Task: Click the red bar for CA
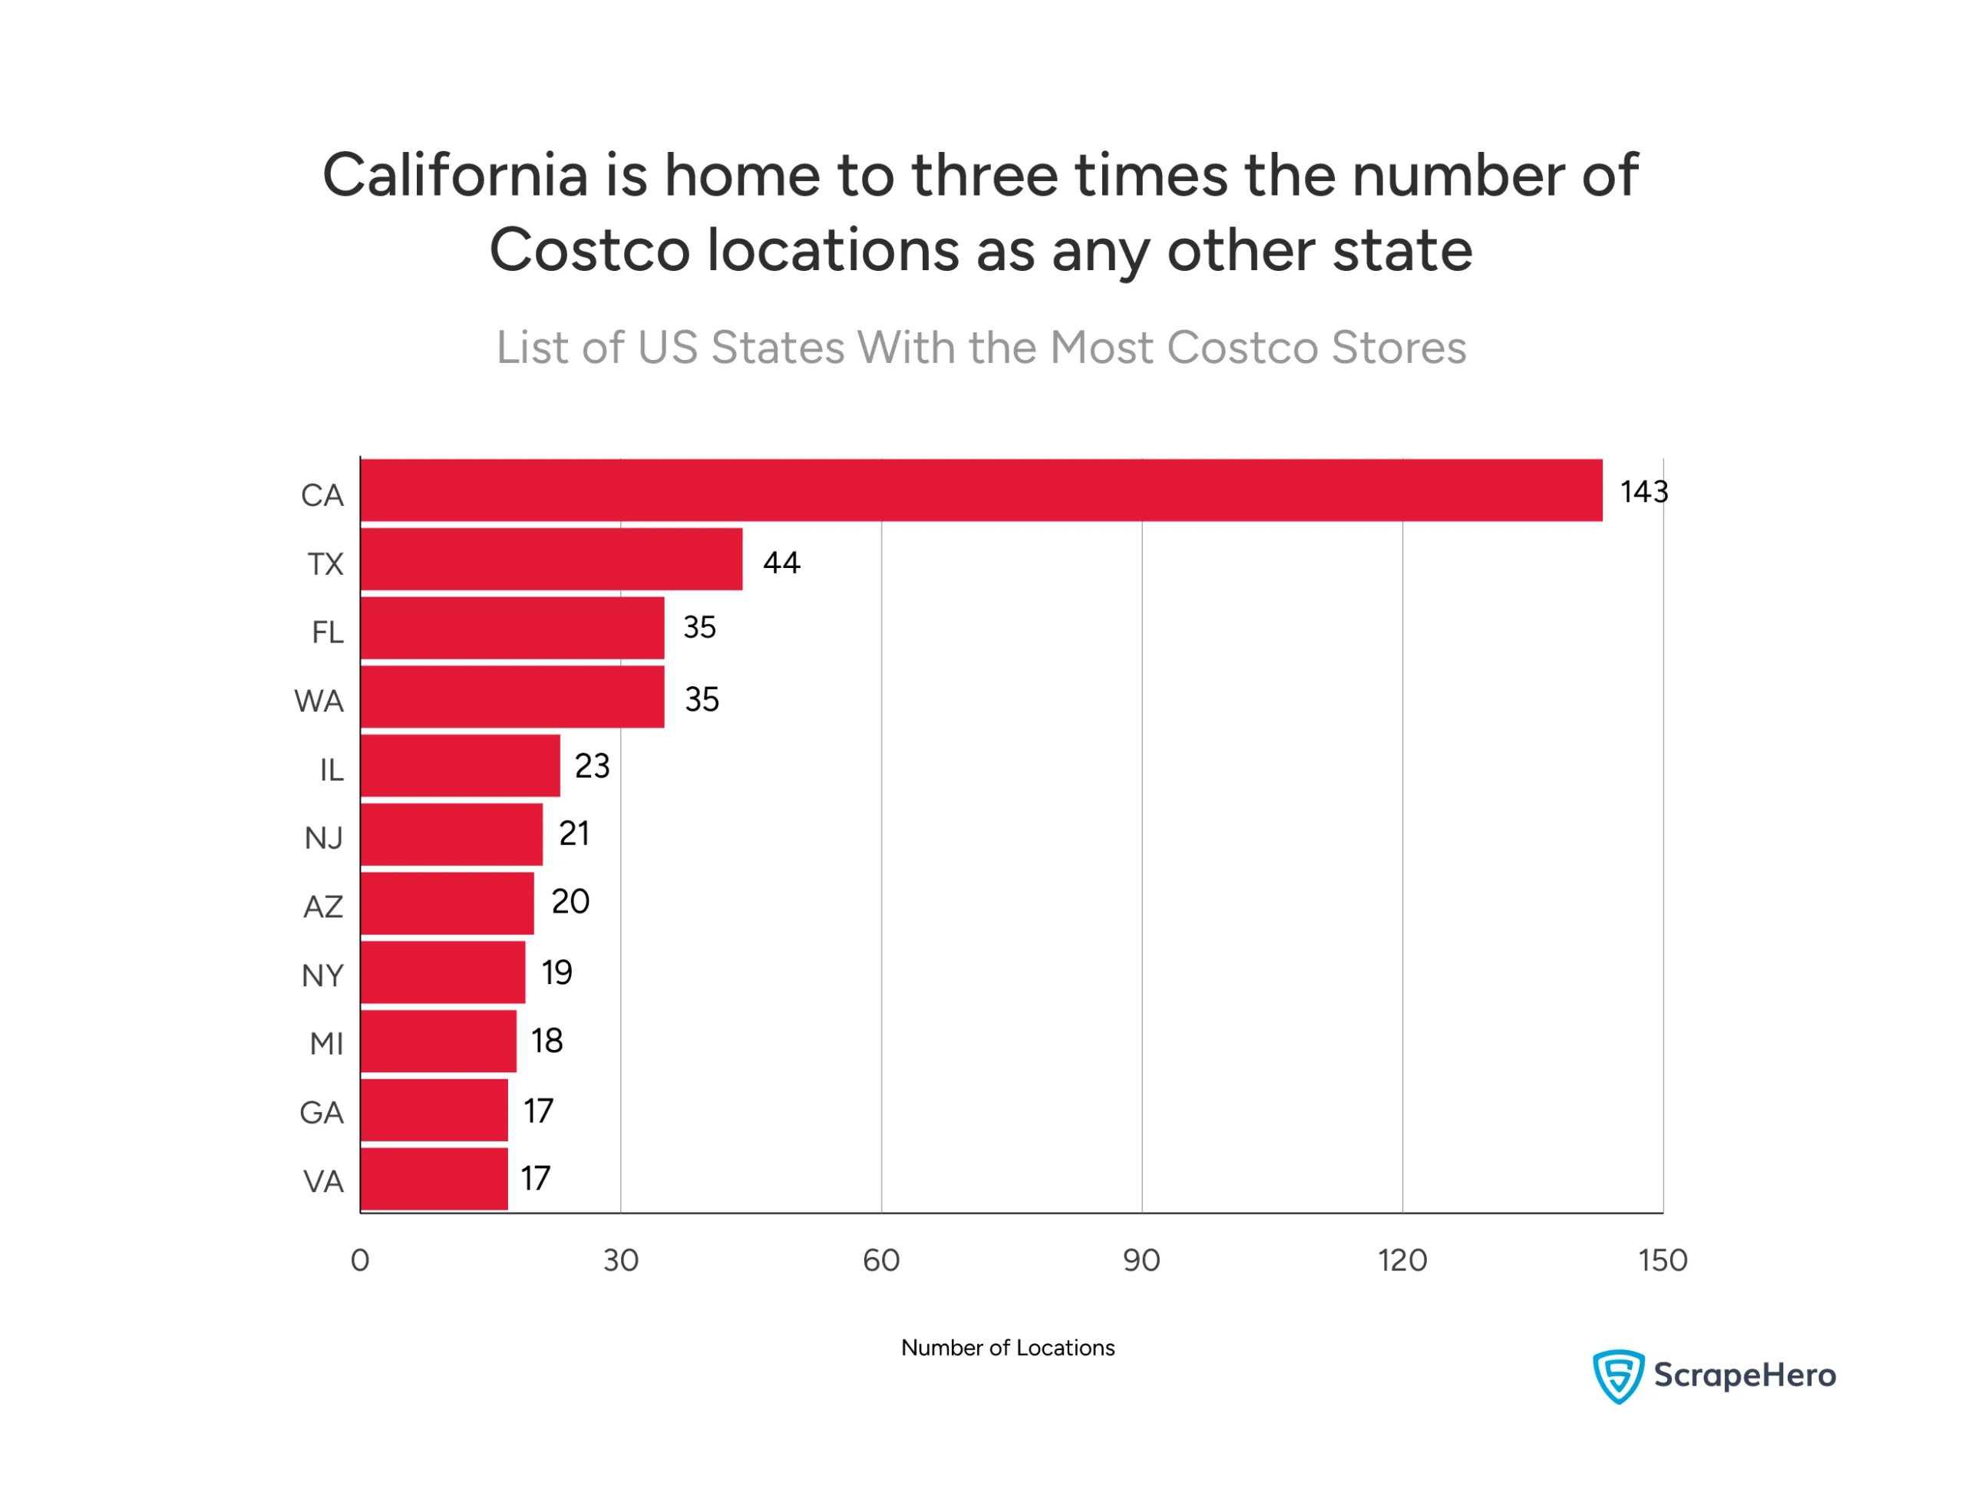[979, 490]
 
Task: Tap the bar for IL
[460, 765]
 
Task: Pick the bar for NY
[441, 972]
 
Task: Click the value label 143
[1643, 491]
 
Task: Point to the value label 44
[781, 562]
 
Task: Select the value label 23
[592, 765]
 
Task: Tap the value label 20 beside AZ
[570, 901]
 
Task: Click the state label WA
[319, 701]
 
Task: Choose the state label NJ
[323, 838]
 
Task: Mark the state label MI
[326, 1042]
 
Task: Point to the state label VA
[323, 1181]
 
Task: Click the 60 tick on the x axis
[880, 1259]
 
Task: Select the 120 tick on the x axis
[1402, 1259]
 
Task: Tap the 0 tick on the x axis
[360, 1259]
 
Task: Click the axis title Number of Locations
[1007, 1346]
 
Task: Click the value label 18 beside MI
[547, 1040]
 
